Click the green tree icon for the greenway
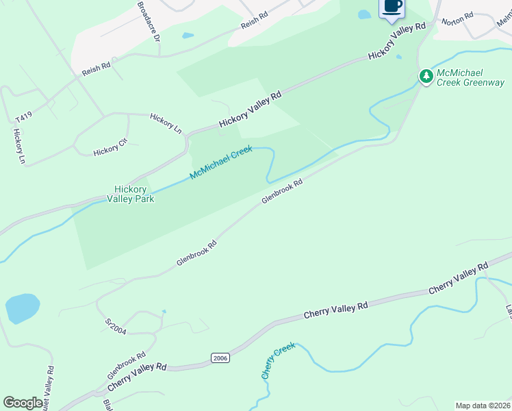[x=426, y=77]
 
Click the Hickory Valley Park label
[x=130, y=194]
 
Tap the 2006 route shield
[x=219, y=358]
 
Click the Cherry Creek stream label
[x=278, y=360]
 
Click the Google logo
[x=23, y=403]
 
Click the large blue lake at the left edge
[x=23, y=308]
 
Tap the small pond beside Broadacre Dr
[x=188, y=36]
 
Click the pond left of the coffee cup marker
[x=364, y=14]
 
